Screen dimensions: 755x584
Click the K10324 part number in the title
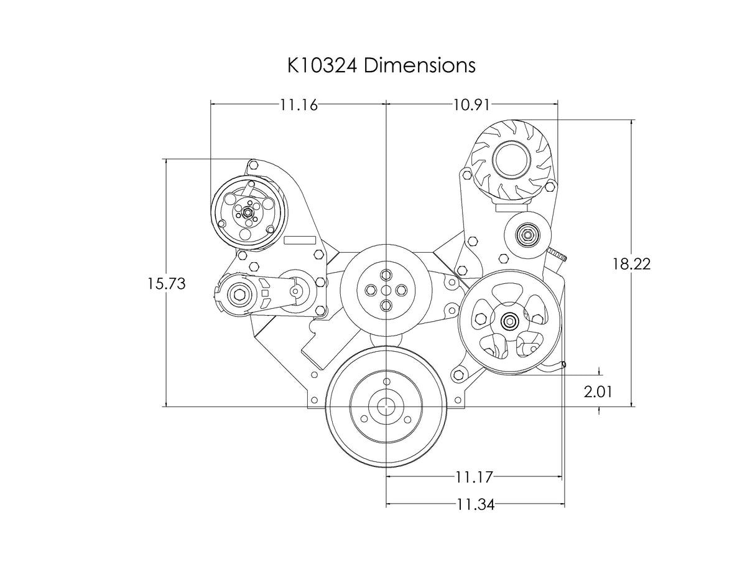coord(322,65)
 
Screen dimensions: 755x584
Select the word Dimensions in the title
coord(420,65)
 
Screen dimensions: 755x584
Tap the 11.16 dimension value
coord(299,105)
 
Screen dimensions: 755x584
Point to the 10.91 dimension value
coord(471,105)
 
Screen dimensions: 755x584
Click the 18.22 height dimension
coord(631,264)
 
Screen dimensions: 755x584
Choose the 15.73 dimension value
coord(167,283)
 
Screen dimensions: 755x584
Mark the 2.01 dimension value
coord(598,392)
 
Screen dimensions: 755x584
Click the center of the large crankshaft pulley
coord(386,407)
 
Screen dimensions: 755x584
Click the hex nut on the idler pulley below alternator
coord(527,235)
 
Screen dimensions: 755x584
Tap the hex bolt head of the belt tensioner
coord(239,295)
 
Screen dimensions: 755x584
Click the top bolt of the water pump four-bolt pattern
coord(386,275)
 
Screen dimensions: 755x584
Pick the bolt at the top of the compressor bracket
coord(254,164)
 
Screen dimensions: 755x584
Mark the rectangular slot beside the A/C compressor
coord(300,240)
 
